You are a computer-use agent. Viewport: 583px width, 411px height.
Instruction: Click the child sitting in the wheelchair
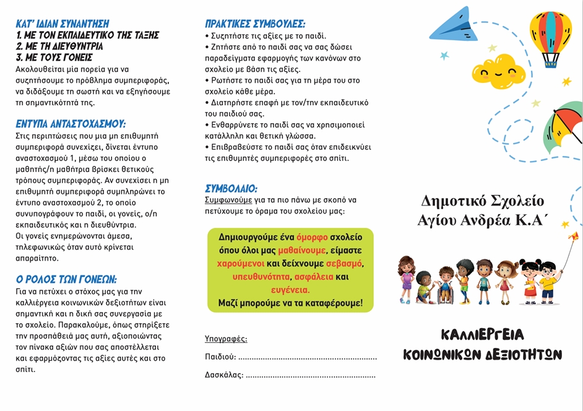[446, 286]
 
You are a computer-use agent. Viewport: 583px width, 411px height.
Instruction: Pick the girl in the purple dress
[407, 279]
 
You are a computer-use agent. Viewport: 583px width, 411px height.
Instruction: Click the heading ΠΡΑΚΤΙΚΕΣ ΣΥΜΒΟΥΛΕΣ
[255, 24]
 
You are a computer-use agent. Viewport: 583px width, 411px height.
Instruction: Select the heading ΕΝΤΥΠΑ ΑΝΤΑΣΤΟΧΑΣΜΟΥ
[71, 123]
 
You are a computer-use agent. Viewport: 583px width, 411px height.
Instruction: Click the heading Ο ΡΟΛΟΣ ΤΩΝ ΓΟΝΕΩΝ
[66, 279]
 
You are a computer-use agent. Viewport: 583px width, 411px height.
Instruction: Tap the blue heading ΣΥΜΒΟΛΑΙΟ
[231, 188]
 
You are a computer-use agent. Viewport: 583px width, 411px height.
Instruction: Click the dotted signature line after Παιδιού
[308, 357]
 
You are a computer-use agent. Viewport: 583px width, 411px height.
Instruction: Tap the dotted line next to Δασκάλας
[311, 375]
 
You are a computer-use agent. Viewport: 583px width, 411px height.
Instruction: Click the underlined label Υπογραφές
[226, 339]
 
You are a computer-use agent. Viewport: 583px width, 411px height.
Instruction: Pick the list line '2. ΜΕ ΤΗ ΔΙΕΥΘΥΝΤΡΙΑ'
[59, 46]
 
